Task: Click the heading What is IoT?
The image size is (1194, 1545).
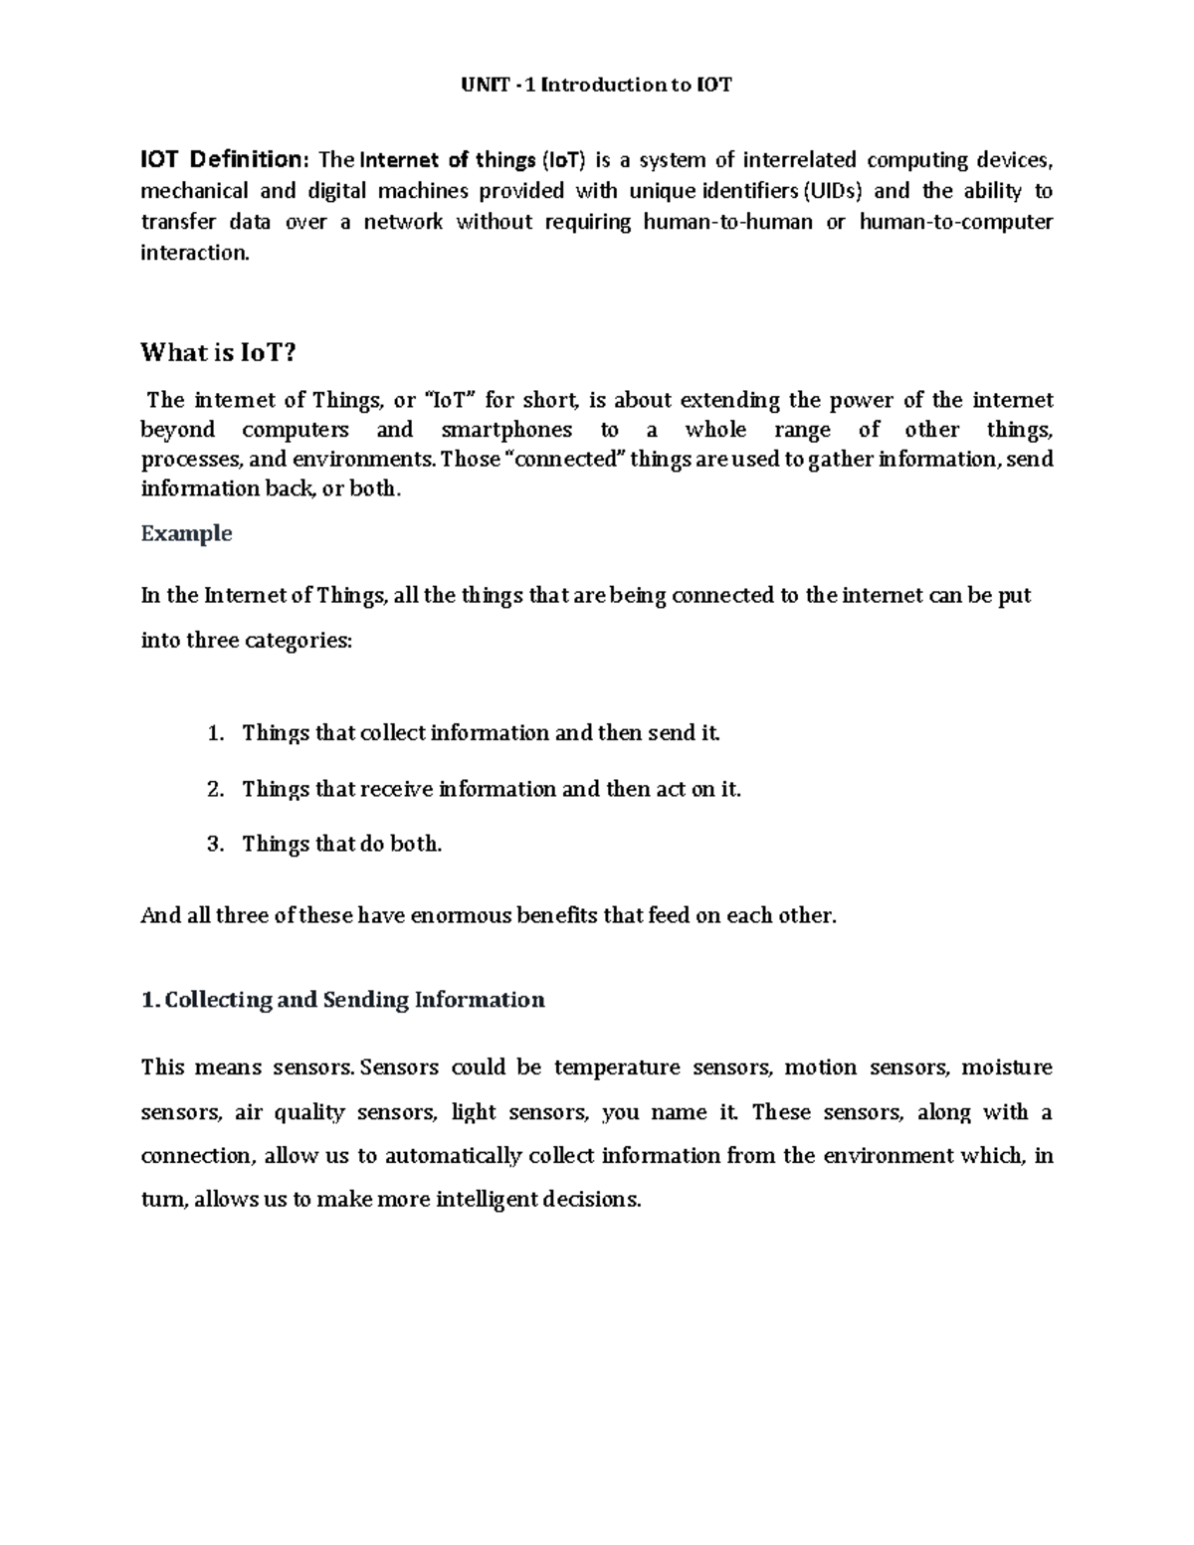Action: (219, 352)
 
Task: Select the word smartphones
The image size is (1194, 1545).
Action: (506, 430)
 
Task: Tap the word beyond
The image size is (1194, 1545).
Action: (178, 430)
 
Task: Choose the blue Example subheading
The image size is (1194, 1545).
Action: (186, 533)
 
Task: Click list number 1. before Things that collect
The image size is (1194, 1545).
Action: (215, 733)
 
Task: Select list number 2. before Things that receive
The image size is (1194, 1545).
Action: (215, 789)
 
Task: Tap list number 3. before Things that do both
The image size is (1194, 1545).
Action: (215, 844)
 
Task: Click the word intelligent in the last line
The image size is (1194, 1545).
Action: (486, 1200)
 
